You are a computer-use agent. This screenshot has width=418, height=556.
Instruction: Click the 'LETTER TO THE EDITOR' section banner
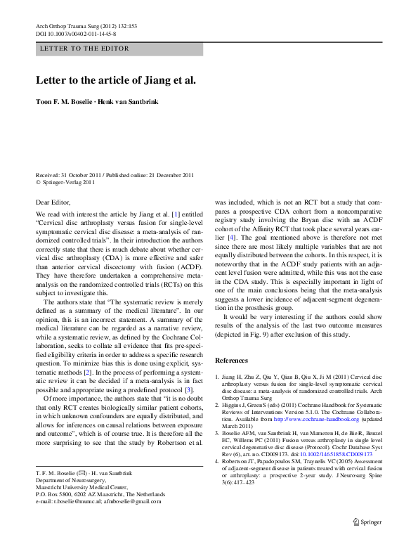85,49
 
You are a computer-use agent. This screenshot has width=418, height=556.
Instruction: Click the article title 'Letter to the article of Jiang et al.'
115,79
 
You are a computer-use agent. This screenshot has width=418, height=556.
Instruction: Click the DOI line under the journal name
76,33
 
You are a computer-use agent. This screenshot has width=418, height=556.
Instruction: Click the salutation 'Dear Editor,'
53,202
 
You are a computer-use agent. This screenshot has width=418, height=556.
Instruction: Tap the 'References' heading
232,360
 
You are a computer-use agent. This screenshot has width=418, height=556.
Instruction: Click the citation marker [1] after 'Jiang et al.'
176,213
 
